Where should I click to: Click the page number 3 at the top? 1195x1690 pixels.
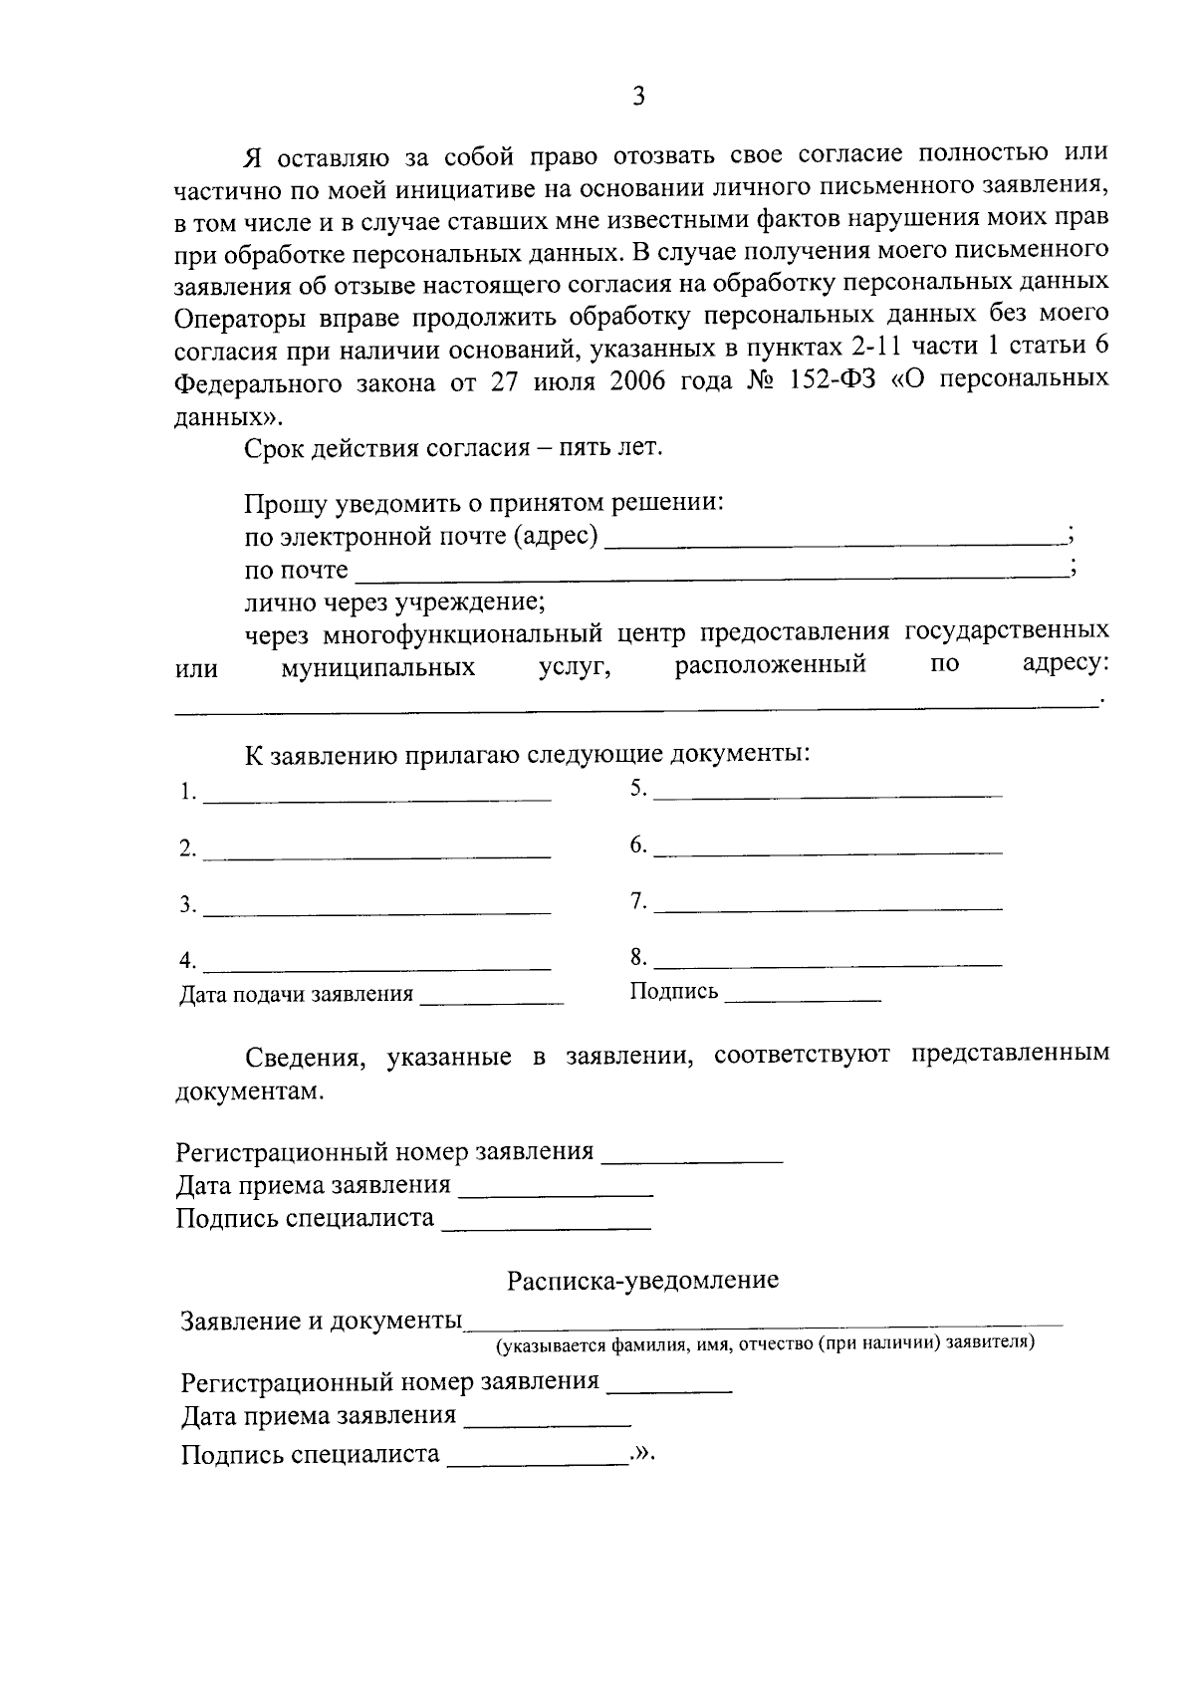(x=638, y=97)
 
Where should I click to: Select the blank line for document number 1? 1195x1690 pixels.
(x=376, y=797)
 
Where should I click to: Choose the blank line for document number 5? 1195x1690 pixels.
(x=829, y=793)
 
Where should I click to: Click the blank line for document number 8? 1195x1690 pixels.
(x=829, y=962)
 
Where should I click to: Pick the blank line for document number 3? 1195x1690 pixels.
(x=376, y=909)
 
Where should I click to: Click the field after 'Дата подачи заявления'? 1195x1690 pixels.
(x=492, y=999)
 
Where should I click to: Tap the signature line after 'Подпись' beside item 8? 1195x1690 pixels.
(x=803, y=996)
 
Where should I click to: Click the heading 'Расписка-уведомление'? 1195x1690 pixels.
(x=642, y=1281)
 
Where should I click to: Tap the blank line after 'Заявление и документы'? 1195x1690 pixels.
(x=764, y=1325)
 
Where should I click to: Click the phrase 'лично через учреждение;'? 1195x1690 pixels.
(x=394, y=603)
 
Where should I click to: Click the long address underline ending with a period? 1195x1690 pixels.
(x=634, y=706)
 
